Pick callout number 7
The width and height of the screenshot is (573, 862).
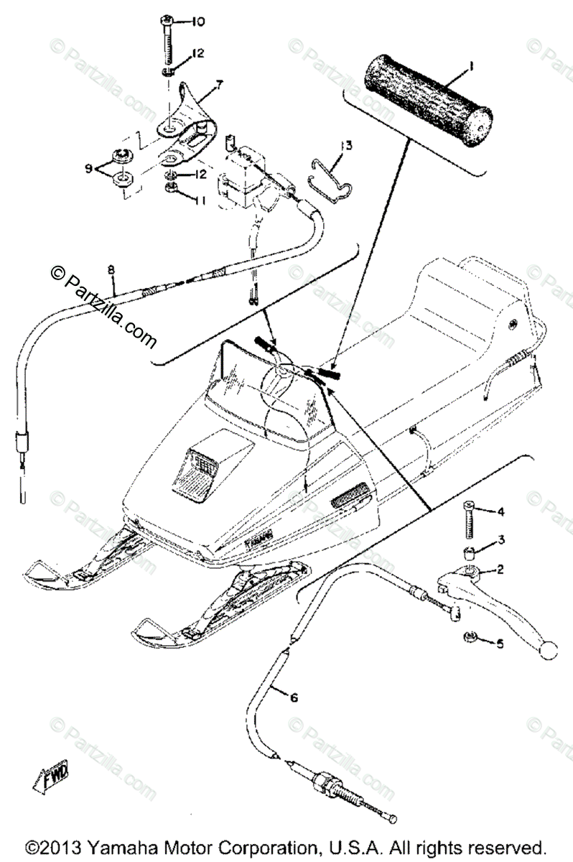[x=219, y=85]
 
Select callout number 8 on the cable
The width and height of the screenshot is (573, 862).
[x=111, y=269]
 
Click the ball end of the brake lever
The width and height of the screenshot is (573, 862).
[x=549, y=651]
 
